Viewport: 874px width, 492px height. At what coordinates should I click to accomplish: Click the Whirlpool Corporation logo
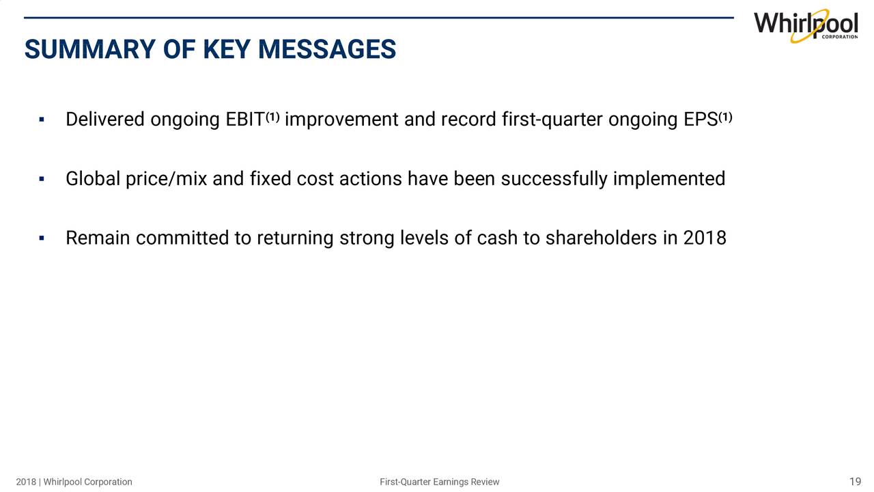click(806, 26)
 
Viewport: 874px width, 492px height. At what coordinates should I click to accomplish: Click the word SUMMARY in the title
click(90, 50)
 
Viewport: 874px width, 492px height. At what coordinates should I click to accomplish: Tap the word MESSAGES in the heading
click(327, 50)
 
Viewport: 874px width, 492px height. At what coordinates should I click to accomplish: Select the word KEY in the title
click(226, 50)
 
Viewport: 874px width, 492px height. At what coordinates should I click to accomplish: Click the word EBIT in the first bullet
click(245, 120)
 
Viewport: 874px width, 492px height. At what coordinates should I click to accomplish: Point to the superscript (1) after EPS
click(725, 117)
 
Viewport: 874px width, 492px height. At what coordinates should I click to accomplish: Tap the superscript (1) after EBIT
click(272, 117)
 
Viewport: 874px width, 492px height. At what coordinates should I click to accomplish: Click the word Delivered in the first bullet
click(105, 120)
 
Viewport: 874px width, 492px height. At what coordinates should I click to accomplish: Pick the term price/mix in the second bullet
click(166, 180)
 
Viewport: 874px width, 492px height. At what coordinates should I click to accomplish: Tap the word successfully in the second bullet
click(554, 180)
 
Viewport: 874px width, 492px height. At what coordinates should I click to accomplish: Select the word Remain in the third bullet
click(98, 238)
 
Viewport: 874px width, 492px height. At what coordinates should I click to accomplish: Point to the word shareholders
click(601, 238)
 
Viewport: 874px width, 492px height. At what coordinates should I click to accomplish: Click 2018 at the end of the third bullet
click(705, 238)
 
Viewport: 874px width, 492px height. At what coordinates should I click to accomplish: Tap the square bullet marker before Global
click(42, 179)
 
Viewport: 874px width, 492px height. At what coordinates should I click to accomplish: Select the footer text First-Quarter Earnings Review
click(439, 482)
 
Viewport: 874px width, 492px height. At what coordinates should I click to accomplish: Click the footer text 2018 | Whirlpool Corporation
click(74, 482)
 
